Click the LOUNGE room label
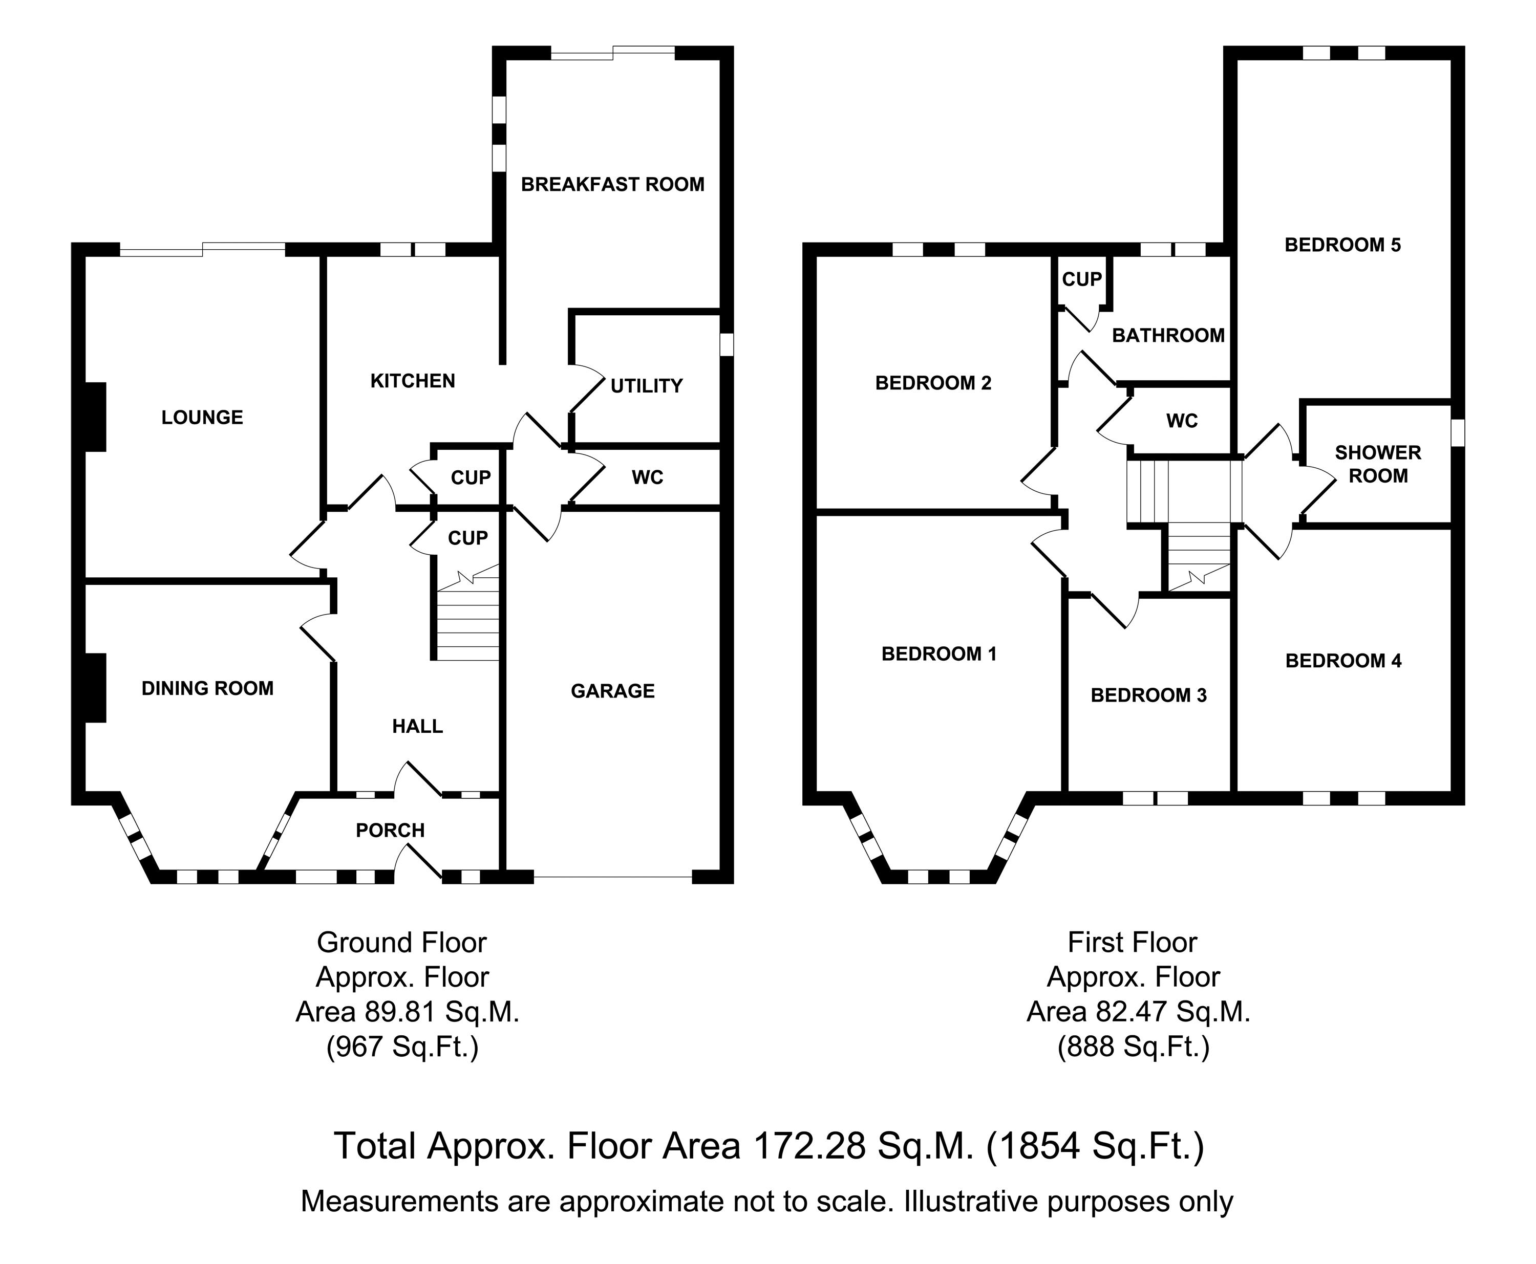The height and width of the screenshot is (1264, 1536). coord(202,417)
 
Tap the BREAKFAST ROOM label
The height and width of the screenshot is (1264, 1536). coord(612,184)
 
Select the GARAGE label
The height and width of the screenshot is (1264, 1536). coord(612,690)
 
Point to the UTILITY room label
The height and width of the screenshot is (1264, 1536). coord(646,386)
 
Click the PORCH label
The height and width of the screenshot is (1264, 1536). coord(390,830)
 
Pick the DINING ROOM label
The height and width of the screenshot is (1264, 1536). coord(207,688)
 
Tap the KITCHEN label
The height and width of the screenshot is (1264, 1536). coord(412,381)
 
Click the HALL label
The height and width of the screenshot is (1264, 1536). coord(417,726)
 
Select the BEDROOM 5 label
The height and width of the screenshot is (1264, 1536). coord(1342,245)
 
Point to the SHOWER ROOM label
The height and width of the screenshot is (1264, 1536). coord(1378,464)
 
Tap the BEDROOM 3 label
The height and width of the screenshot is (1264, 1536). coord(1148,695)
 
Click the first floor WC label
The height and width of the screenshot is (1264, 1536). coord(1181,421)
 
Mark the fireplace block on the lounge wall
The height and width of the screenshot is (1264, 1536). coord(95,417)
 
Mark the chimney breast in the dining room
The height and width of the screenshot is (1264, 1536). coord(95,687)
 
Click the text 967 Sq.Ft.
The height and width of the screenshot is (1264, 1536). coord(402,1047)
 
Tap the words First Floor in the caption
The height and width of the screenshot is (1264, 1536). coord(1132,942)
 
